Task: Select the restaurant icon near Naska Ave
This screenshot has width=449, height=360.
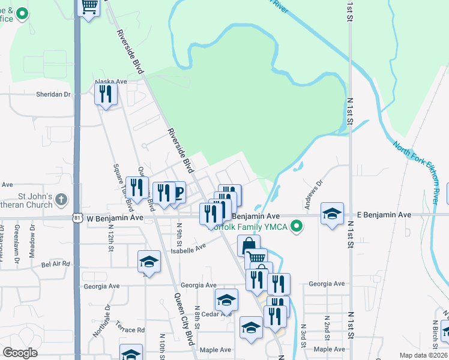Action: (x=106, y=94)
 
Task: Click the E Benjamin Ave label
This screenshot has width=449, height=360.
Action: (x=384, y=214)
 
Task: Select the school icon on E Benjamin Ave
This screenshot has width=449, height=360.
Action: (x=332, y=214)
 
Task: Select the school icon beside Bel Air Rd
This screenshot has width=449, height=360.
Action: (x=149, y=262)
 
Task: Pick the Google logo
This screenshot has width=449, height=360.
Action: (x=20, y=353)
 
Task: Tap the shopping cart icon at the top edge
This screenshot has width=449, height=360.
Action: (x=89, y=7)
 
